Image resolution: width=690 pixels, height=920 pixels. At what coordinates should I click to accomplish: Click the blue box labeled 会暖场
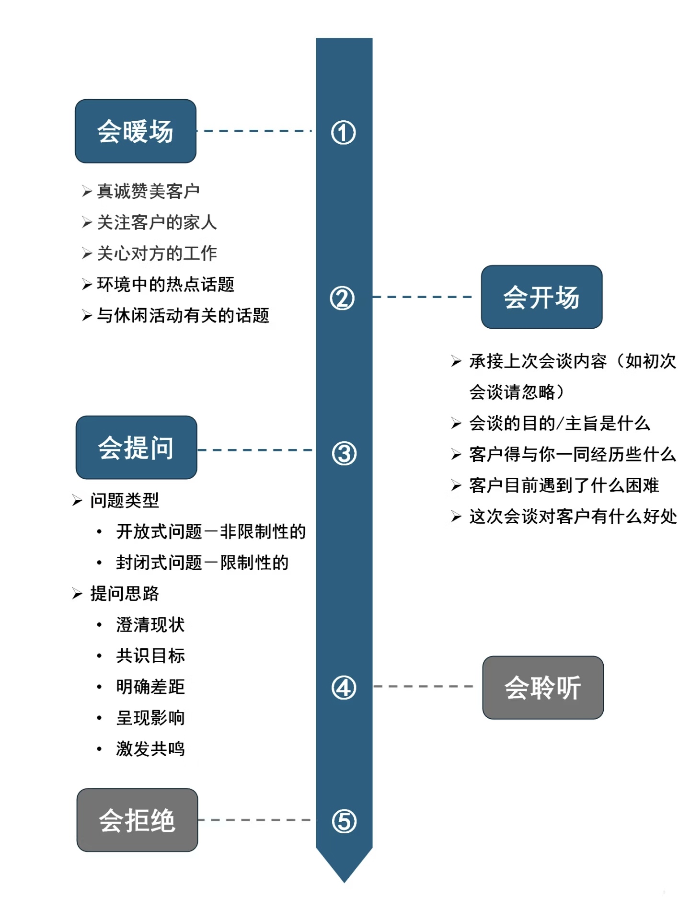coord(136,131)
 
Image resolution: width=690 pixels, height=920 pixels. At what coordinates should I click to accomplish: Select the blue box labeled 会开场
coord(541,297)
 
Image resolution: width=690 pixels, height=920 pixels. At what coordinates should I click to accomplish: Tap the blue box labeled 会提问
coord(136,448)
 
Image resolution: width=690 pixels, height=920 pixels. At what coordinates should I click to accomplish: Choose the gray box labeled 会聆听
coord(543,688)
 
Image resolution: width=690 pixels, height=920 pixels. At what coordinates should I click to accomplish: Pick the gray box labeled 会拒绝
coord(137,820)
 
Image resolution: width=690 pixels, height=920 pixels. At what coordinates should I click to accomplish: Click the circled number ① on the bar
coord(344,133)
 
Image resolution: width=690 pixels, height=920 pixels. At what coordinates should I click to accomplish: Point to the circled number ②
coord(342,298)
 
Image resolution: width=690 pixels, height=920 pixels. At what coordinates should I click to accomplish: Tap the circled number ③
coord(344,453)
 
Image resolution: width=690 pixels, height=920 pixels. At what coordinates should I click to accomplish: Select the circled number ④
coord(344,688)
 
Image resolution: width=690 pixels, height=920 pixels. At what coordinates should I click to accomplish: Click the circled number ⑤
coord(344,821)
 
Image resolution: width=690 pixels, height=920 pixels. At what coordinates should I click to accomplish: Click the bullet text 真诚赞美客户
coord(148,191)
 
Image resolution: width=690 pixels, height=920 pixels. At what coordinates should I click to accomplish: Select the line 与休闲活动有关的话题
coord(183,315)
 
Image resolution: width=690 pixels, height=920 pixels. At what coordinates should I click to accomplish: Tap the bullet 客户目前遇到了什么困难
coord(564,485)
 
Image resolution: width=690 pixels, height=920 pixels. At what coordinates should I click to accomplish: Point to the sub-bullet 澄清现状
coord(150,624)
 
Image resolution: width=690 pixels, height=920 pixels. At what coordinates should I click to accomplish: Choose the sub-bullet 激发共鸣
coord(150,748)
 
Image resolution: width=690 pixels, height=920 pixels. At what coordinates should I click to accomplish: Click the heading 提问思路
coord(124,593)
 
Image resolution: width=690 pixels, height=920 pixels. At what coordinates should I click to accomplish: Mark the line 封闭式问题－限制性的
coord(202,562)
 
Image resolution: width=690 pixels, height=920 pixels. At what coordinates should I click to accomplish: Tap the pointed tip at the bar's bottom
coord(344,874)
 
